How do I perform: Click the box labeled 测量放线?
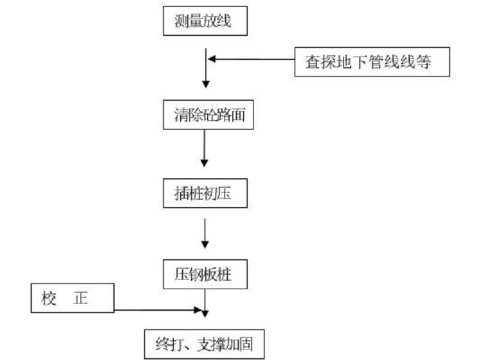[x=206, y=23]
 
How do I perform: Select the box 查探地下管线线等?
[x=372, y=62]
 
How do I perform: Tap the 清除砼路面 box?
[x=206, y=115]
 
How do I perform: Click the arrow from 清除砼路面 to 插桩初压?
[x=205, y=148]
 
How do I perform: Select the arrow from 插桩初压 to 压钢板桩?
[x=205, y=232]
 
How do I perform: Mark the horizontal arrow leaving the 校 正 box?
[x=158, y=310]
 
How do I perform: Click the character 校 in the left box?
[x=50, y=299]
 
